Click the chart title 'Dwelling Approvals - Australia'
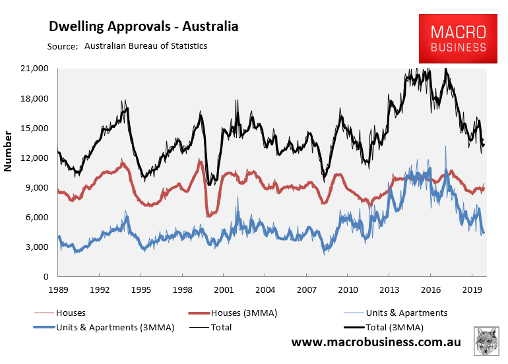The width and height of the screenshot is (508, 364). pos(144,27)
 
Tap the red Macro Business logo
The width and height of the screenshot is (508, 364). pos(458,39)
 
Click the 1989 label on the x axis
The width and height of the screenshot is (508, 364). pos(58,289)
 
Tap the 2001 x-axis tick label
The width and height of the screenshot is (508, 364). pos(223,289)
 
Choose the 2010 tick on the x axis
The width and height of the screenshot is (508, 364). pos(348,289)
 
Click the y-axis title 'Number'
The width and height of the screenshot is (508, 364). pos(9,152)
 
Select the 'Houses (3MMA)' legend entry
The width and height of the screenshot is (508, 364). pos(238,313)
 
